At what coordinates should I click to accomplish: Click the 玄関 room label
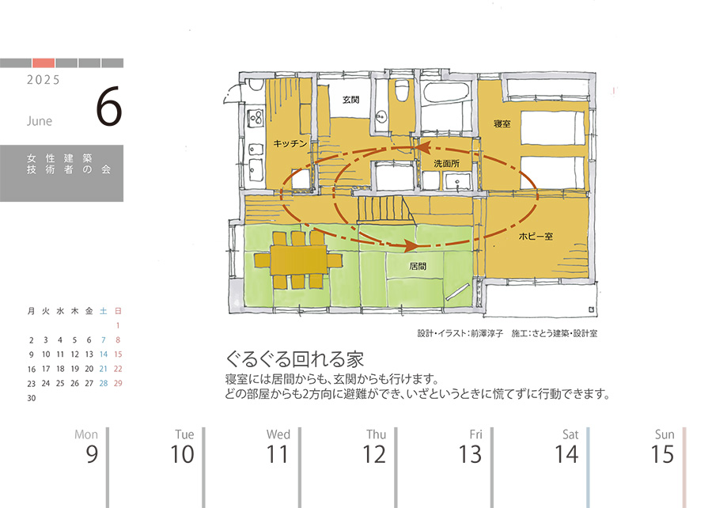tap(350, 100)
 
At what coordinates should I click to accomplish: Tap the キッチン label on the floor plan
tap(290, 143)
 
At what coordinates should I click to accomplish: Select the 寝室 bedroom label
tap(502, 123)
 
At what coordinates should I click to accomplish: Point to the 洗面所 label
tap(446, 164)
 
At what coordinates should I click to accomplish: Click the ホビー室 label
tap(536, 236)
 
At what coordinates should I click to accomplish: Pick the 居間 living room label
tap(418, 266)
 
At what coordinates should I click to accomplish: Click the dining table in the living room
tap(298, 260)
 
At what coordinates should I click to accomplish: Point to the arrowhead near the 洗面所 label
tap(423, 147)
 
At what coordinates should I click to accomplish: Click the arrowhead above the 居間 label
tap(411, 245)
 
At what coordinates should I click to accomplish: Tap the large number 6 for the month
tap(109, 107)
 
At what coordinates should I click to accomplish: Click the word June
tap(40, 121)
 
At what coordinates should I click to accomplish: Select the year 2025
tap(44, 80)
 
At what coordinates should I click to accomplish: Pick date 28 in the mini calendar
tap(104, 383)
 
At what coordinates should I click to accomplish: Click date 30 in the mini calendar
tap(32, 398)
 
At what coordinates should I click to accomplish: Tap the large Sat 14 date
tap(566, 453)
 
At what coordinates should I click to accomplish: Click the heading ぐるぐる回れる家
tap(295, 359)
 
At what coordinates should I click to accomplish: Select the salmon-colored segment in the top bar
tap(44, 63)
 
